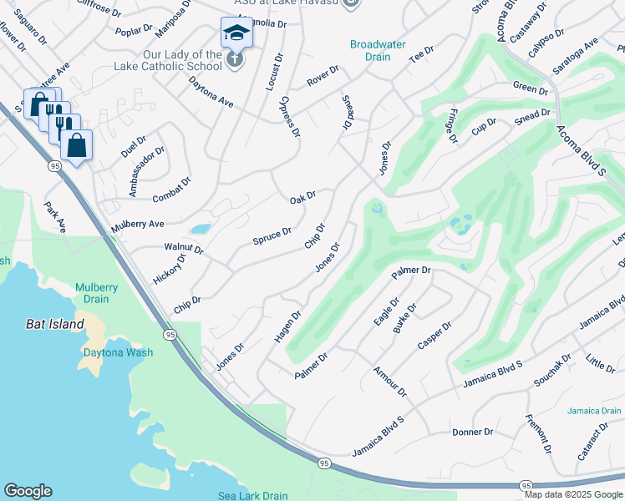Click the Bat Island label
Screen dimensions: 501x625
click(54, 324)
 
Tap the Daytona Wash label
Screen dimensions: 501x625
click(118, 352)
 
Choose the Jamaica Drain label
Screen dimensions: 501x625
click(593, 411)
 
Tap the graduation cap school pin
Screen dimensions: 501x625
click(236, 33)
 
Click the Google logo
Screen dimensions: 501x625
click(28, 491)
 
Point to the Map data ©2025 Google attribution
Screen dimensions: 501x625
click(573, 494)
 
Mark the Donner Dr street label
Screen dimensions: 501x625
click(472, 432)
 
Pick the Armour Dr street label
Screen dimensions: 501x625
click(389, 381)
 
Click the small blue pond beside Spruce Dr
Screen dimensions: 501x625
click(200, 229)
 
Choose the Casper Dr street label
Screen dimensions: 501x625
click(434, 337)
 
